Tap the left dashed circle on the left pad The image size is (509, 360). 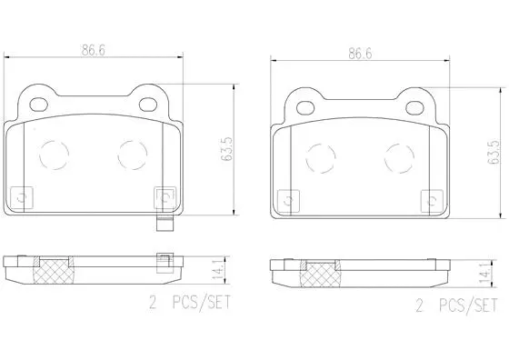[x=54, y=155]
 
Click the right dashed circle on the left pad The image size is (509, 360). [x=134, y=155]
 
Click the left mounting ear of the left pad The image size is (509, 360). [x=36, y=96]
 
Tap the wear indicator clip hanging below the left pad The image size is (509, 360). [x=164, y=223]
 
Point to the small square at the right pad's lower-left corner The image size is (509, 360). [x=287, y=195]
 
